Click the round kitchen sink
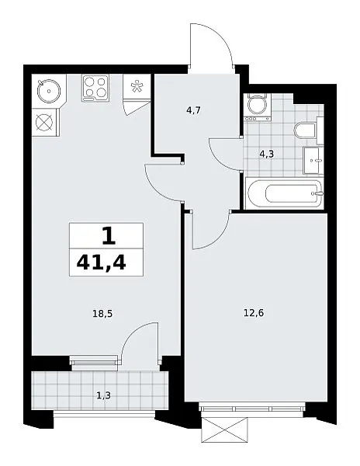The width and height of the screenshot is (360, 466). tap(48, 91)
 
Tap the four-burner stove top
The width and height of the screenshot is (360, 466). tap(95, 87)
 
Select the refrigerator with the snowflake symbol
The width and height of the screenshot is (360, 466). tap(137, 86)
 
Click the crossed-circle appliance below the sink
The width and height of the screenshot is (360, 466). tap(44, 122)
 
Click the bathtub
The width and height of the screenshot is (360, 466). tap(285, 193)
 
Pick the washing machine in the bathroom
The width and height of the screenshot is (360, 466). tap(256, 107)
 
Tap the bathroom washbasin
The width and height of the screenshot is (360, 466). tap(313, 161)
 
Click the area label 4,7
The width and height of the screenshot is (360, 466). tap(193, 111)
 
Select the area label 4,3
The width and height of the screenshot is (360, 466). tap(266, 155)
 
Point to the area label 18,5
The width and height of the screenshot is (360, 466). tap(102, 314)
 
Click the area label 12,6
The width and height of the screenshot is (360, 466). tap(254, 313)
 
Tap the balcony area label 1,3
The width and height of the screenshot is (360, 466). tap(104, 395)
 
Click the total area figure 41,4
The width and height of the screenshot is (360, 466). tap(101, 263)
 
